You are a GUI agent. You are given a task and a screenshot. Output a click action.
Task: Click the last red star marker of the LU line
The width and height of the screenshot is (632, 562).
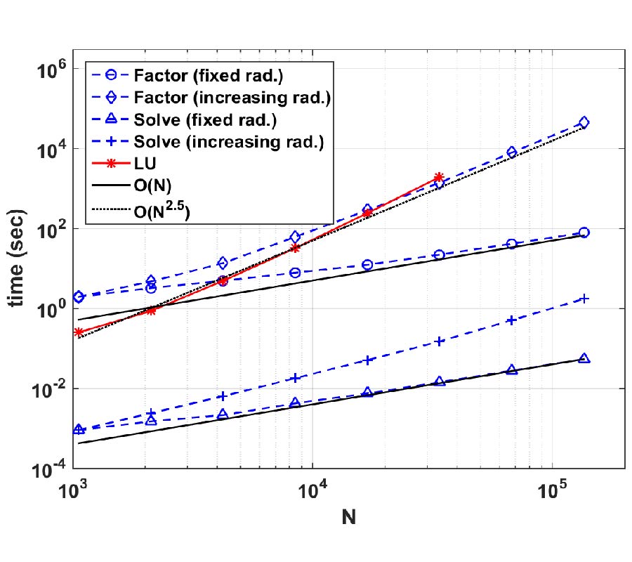440,177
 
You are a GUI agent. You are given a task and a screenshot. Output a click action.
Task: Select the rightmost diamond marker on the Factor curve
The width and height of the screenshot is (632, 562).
584,123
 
